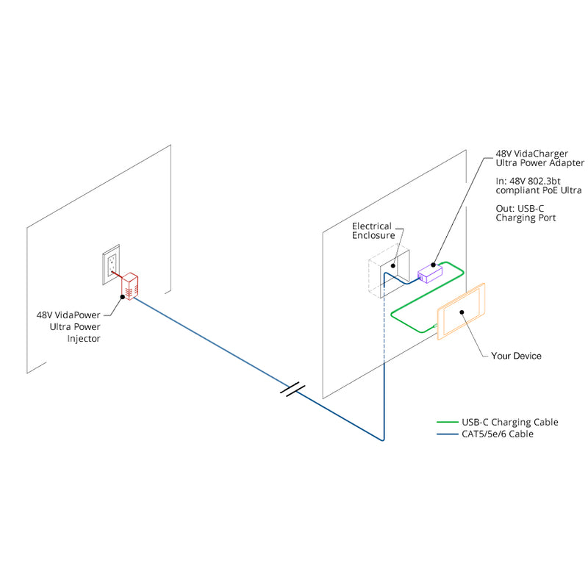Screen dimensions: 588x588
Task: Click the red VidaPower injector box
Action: tap(130, 286)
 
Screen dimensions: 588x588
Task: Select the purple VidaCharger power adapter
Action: tap(429, 273)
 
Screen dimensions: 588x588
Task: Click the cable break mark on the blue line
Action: tap(293, 390)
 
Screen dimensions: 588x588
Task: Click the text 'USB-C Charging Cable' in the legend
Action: tap(509, 423)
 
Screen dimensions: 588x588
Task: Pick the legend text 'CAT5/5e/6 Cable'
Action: tap(497, 434)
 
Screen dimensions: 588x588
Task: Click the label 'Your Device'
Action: tap(516, 356)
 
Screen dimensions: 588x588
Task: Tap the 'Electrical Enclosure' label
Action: tap(373, 231)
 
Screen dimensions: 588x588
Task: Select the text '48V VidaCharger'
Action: tap(531, 153)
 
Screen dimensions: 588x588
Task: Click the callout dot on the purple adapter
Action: tap(434, 264)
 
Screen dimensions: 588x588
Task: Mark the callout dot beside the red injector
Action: tap(122, 297)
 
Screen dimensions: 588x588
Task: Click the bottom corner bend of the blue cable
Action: tap(383, 440)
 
